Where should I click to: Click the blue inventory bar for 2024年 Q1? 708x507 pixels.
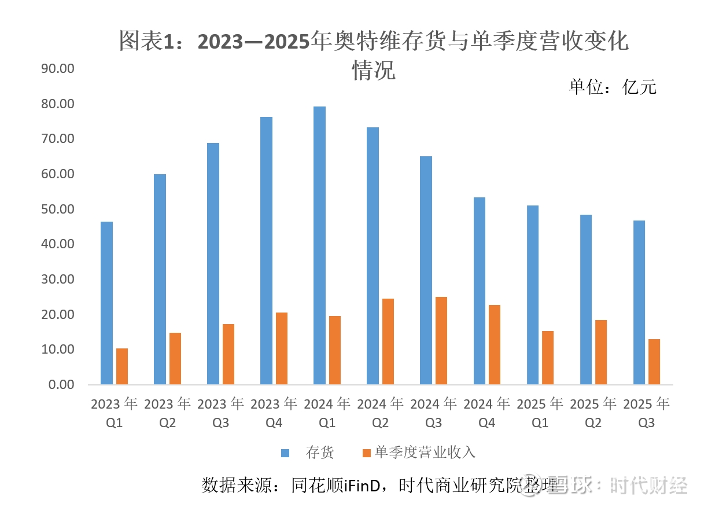pos(319,245)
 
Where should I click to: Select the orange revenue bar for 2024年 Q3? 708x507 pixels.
pos(441,340)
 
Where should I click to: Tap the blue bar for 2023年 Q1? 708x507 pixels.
pos(106,303)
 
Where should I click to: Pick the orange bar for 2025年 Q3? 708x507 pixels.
pos(654,362)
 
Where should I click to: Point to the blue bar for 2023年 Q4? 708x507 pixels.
pos(266,251)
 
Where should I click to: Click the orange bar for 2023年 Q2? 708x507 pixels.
pos(175,358)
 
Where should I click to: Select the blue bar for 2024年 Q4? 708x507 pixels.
pos(479,291)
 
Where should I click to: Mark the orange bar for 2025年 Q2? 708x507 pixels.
pos(601,352)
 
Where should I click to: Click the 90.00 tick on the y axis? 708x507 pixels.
pos(58,69)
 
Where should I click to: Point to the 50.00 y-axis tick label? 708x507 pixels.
pos(58,209)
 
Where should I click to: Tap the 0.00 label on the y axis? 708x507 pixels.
pos(61,384)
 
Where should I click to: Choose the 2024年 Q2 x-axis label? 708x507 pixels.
pos(380,413)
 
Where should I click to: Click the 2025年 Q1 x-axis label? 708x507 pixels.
pos(540,413)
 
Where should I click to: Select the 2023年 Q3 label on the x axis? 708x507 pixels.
pos(220,413)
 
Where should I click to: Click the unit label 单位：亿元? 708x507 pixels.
pos(613,87)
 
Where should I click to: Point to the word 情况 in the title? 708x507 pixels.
pos(374,71)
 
